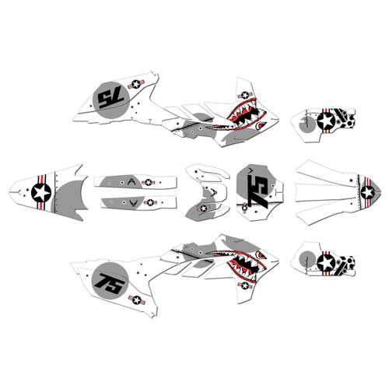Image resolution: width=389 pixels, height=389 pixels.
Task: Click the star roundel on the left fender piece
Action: [x=41, y=191]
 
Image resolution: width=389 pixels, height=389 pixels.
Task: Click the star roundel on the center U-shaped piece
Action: [x=205, y=208]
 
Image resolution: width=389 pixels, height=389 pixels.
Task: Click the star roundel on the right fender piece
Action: [x=366, y=191]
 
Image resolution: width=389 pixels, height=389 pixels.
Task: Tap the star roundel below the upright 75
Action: [x=138, y=299]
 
